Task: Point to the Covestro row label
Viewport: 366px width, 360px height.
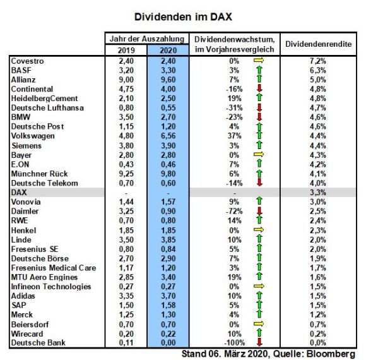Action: click(x=28, y=60)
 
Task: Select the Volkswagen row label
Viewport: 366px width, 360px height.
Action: click(x=33, y=135)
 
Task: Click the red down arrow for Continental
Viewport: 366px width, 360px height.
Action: click(x=259, y=88)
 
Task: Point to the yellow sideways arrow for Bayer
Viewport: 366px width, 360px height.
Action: click(x=259, y=154)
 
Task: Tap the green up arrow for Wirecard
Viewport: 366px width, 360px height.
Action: click(x=259, y=333)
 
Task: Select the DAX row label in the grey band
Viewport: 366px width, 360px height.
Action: click(x=18, y=191)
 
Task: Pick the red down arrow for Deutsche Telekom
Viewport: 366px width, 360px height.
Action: click(x=259, y=183)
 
